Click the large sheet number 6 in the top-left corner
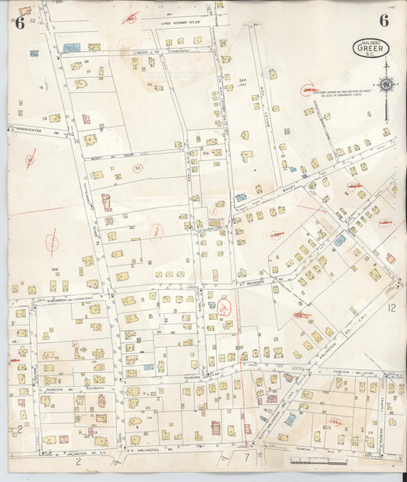click(19, 22)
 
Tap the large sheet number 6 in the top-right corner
click(384, 21)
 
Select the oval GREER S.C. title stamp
click(371, 47)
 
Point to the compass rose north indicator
click(386, 85)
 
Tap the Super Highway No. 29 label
click(179, 24)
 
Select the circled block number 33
click(138, 168)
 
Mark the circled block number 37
click(75, 345)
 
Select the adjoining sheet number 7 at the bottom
click(246, 458)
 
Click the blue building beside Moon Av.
click(71, 48)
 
